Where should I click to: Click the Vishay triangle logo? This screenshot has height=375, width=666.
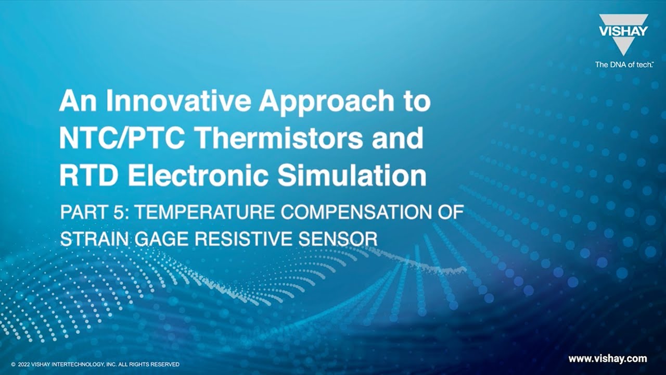click(623, 34)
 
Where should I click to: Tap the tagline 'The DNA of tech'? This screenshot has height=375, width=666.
click(621, 65)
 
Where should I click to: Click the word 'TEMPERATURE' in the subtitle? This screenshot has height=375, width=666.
click(213, 213)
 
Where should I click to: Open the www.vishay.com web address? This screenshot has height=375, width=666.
click(607, 358)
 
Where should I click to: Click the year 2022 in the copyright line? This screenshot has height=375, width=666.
click(24, 365)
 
